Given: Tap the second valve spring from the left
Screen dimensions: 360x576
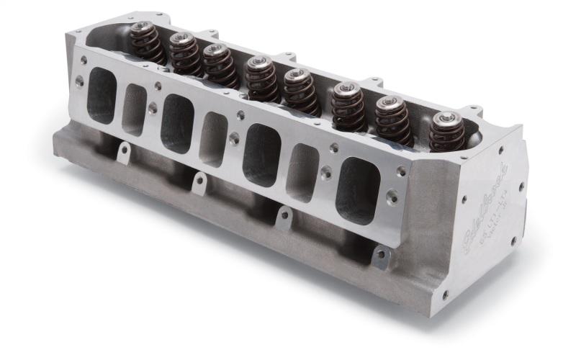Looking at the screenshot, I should [x=186, y=54].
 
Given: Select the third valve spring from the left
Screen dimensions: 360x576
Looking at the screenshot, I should [x=220, y=66].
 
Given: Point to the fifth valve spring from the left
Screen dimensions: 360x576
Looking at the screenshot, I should [x=301, y=91].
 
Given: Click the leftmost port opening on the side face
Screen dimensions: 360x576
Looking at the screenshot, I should [x=102, y=95].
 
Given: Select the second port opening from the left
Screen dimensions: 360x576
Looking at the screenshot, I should [x=134, y=109].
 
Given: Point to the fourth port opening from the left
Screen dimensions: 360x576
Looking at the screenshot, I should [x=213, y=139].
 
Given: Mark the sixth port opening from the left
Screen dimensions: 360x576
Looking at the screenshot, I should [x=302, y=172].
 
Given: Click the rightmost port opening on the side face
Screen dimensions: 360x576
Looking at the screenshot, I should [x=357, y=189].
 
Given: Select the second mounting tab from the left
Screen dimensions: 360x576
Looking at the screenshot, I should [x=199, y=181].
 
